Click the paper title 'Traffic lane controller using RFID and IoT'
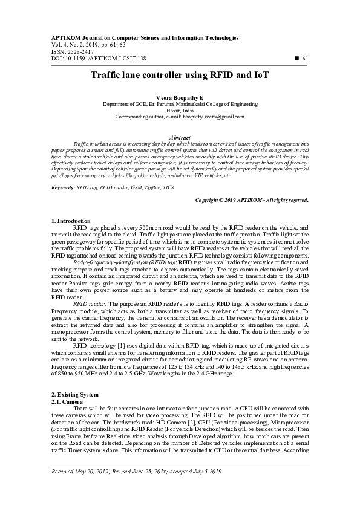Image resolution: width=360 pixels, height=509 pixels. (180, 76)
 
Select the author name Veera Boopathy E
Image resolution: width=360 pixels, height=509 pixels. (180, 97)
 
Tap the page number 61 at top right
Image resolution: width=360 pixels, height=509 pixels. (305, 58)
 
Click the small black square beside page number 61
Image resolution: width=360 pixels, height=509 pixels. (296, 58)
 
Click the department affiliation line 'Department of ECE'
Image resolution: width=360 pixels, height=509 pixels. (180, 103)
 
